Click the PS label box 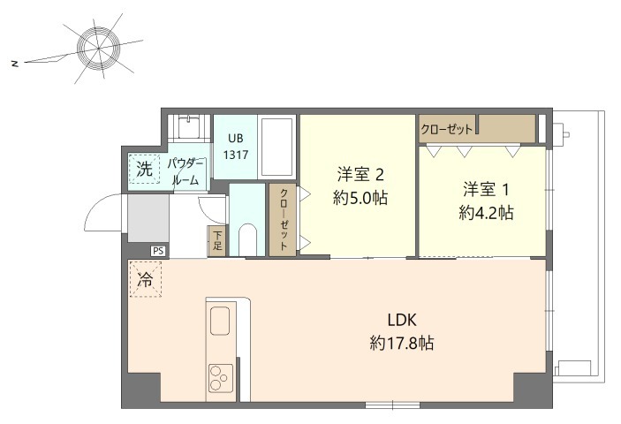coord(158,251)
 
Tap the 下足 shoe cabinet coord(217,241)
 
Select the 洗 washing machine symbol coord(145,169)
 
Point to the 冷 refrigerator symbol coord(146,279)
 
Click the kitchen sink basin coord(220,321)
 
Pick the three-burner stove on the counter coord(219,378)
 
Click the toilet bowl coord(248,240)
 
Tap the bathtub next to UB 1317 coord(277,147)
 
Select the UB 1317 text coord(236,147)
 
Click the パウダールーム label coord(185,172)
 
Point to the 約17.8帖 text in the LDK coord(402,343)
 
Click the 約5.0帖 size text coord(360,198)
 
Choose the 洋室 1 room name coord(487,190)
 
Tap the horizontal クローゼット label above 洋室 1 coord(447,130)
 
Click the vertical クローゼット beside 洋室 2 coord(284,219)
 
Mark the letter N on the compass coord(15,64)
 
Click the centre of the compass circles coord(98,49)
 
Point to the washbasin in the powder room coord(188,126)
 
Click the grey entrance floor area coord(148,217)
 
